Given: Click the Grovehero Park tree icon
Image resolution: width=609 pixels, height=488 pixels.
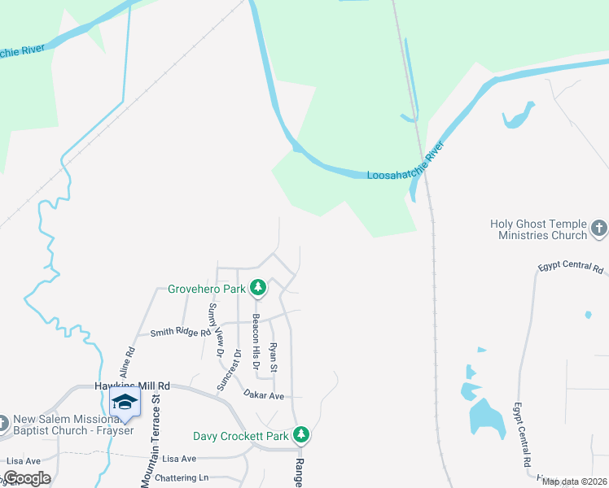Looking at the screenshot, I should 258,287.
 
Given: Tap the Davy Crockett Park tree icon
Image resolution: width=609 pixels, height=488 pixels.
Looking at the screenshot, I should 301,435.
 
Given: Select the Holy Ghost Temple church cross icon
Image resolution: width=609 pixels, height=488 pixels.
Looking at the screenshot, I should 599,229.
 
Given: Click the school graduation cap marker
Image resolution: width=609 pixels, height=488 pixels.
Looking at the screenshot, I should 125,403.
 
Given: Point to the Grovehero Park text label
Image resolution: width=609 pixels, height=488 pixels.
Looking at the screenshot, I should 207,289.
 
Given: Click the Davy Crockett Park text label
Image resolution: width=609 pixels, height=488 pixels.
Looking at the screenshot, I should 241,437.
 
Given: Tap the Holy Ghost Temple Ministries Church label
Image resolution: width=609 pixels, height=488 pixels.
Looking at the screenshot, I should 538,229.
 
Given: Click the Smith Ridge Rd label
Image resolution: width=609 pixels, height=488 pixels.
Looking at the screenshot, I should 180,332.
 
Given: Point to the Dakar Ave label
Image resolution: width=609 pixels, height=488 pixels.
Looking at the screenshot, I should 263,394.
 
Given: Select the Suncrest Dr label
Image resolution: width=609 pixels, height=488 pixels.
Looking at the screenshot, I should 238,368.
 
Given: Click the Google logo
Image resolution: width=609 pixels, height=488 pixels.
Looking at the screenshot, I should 27,478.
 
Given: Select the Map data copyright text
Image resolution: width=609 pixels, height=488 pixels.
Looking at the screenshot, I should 573,481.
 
